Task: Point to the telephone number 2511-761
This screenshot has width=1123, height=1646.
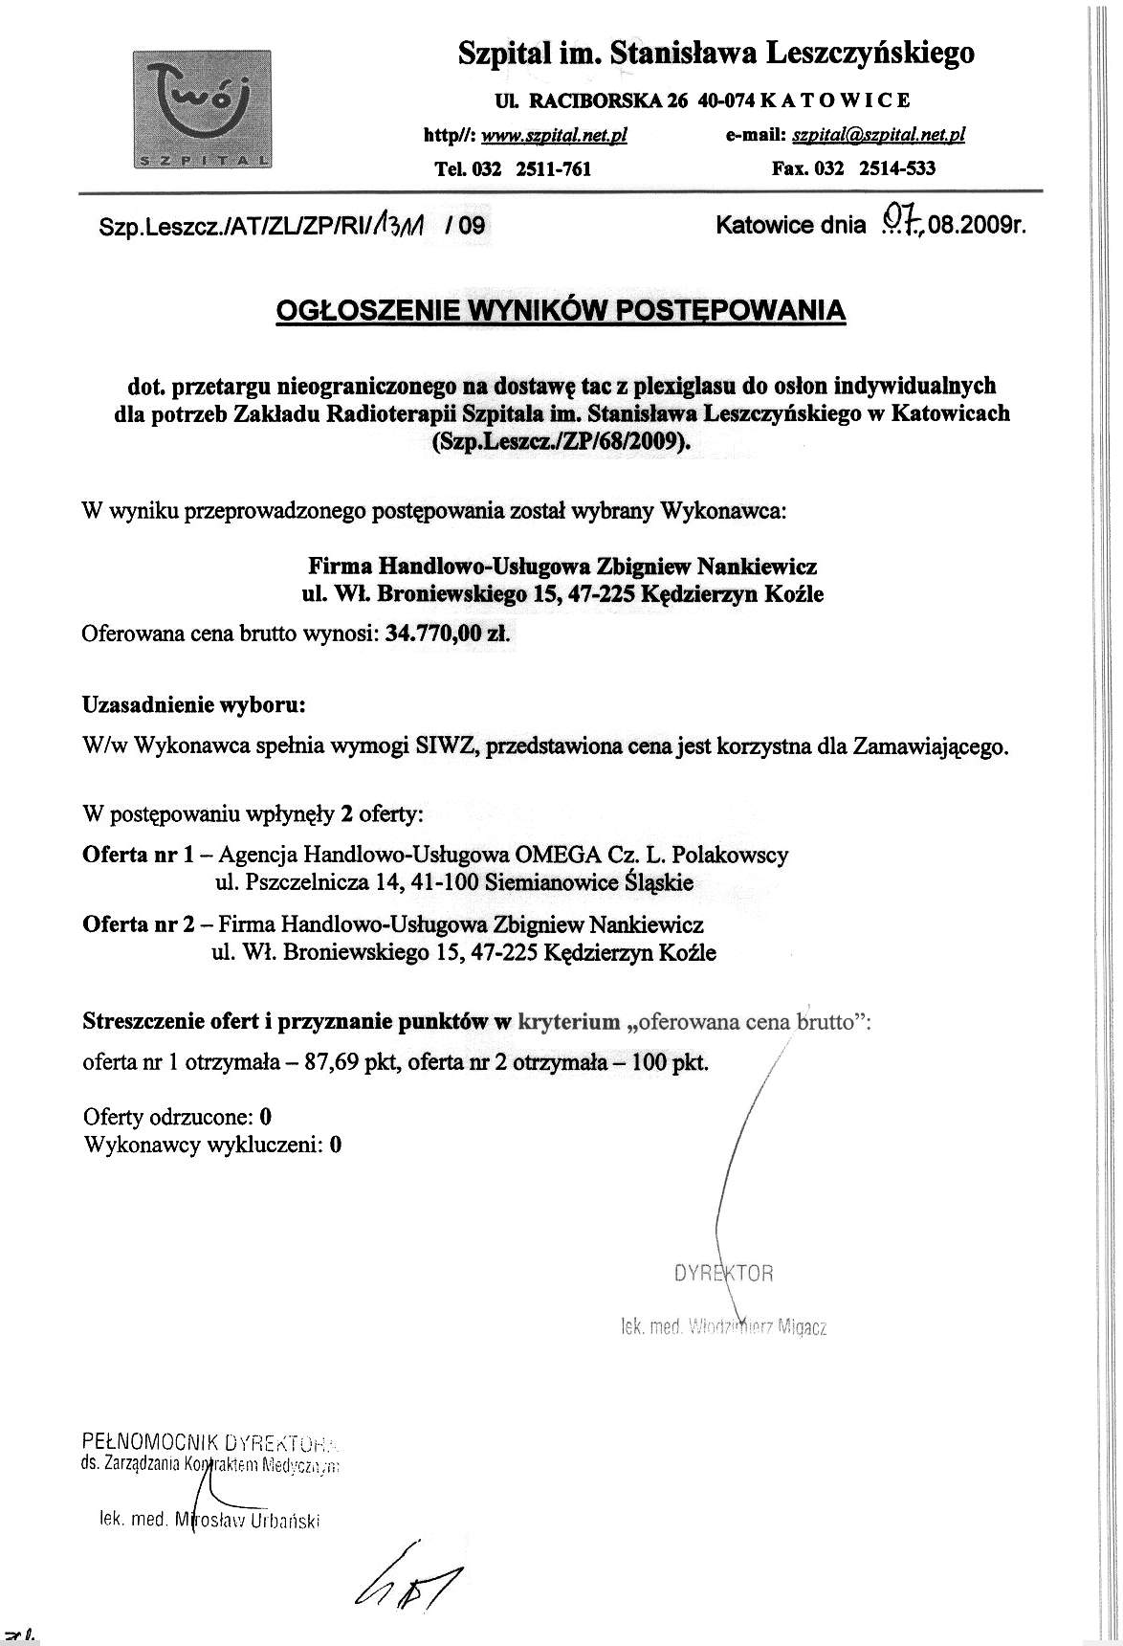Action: coord(553,169)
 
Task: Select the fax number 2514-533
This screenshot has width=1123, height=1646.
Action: coord(897,169)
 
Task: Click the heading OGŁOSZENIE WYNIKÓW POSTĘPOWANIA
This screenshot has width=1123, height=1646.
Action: coord(561,311)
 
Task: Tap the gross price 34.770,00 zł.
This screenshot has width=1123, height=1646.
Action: coord(448,634)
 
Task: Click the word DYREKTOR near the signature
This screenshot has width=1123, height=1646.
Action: coord(723,1274)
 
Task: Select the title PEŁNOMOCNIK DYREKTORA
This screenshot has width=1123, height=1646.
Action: coord(214,1441)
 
